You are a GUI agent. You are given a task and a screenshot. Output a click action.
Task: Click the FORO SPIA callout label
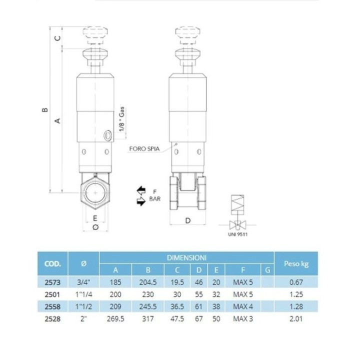coord(144,149)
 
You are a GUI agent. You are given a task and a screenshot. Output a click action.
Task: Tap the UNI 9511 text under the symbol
coord(237,234)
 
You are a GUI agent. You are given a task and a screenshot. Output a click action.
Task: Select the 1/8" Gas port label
coord(121,119)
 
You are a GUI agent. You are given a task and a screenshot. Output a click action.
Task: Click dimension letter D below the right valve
coord(188,220)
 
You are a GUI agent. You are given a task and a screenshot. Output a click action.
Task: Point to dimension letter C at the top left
coord(58,38)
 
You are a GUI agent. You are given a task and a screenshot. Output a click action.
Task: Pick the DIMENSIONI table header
coord(186,258)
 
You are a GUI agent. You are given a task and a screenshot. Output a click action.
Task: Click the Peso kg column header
coord(296,263)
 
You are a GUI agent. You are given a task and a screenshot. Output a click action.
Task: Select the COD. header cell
coord(53,264)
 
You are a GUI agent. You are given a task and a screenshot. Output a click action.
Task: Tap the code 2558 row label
coord(52,306)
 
